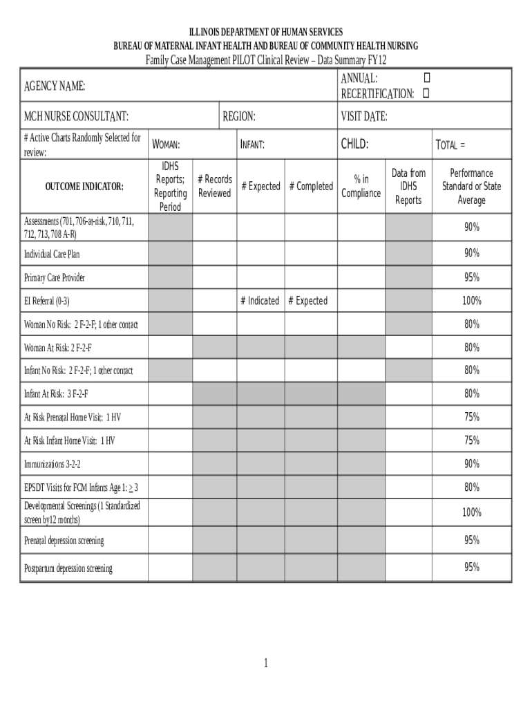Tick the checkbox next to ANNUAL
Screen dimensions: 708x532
[x=426, y=79]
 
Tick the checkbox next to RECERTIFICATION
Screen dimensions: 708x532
[x=426, y=93]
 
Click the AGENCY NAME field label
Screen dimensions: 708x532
[x=55, y=86]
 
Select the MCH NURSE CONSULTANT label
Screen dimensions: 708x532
[x=76, y=116]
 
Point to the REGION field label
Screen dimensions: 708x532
[x=239, y=116]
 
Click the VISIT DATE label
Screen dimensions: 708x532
[x=363, y=116]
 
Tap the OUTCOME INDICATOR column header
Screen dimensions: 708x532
[x=84, y=187]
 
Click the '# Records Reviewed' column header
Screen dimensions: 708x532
[x=214, y=187]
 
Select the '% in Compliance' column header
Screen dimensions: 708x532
[x=361, y=187]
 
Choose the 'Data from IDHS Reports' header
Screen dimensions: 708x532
[x=408, y=187]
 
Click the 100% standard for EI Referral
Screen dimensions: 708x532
[x=472, y=301]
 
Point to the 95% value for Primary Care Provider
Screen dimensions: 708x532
[x=472, y=277]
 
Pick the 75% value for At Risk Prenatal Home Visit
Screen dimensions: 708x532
[x=472, y=417]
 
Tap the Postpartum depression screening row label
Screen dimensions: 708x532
[x=68, y=568]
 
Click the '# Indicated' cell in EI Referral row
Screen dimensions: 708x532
[x=260, y=301]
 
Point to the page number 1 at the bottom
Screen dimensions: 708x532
[x=265, y=664]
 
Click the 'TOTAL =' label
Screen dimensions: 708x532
[x=450, y=145]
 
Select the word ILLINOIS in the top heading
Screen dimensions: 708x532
[x=207, y=32]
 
